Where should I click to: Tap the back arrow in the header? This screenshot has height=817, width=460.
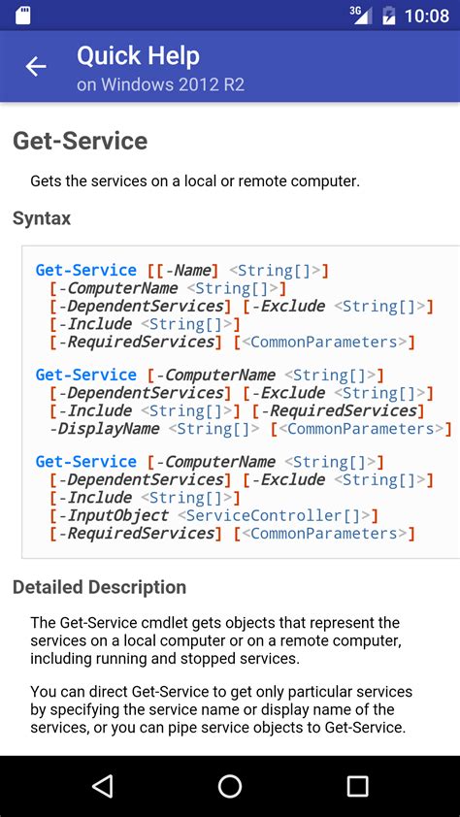(36, 66)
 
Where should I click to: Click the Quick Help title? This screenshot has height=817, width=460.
(138, 55)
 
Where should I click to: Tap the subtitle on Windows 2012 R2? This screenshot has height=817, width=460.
(160, 84)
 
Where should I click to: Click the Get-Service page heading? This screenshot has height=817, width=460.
(80, 141)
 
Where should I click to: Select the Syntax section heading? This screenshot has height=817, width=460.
(42, 218)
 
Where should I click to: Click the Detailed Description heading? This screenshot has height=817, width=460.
(99, 587)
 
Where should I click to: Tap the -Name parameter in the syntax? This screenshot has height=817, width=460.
(191, 271)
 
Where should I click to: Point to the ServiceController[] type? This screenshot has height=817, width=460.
(273, 515)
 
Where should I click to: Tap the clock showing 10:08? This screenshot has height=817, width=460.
(427, 16)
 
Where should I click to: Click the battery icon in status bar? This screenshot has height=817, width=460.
(389, 16)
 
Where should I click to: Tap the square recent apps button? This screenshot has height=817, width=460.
(357, 786)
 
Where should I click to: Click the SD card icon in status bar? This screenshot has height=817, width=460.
(22, 16)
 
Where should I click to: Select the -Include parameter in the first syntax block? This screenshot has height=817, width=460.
(99, 324)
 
